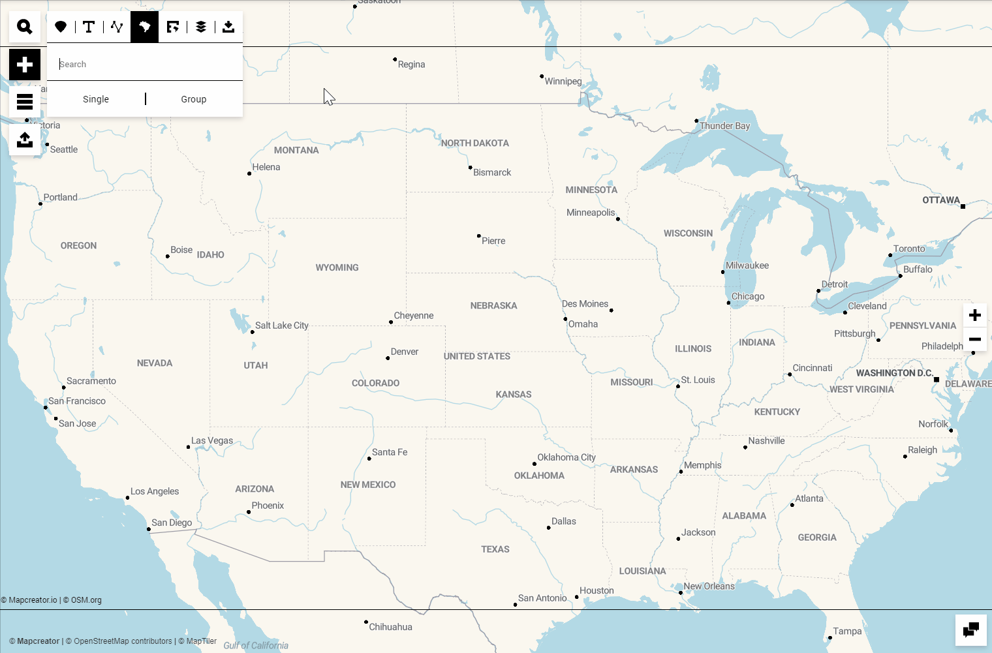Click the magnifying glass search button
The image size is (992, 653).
25,27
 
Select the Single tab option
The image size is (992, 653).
96,99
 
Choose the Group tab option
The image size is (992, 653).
194,99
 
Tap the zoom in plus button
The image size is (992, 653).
975,315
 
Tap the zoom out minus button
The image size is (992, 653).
975,339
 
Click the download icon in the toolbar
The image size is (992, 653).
228,27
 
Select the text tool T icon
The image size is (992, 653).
89,27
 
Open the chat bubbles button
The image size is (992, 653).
971,630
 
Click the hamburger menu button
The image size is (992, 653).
25,102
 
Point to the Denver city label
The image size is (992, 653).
405,352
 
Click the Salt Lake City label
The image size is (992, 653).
282,326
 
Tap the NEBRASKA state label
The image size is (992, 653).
493,305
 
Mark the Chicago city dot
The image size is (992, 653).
728,303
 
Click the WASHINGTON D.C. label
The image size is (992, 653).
894,373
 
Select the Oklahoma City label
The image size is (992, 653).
566,457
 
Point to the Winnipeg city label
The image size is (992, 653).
563,82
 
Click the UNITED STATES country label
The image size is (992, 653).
477,356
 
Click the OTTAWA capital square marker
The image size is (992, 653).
963,206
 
